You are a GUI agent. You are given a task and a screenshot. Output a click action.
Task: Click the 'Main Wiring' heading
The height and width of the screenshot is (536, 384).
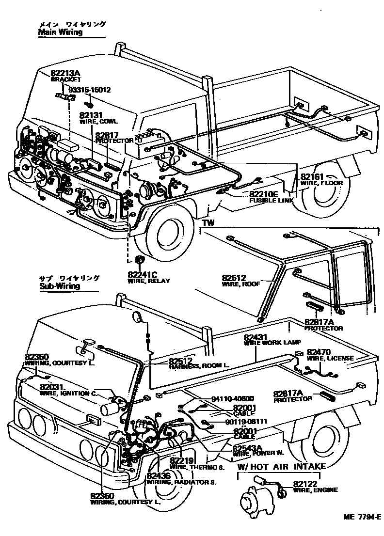pyautogui.click(x=60, y=32)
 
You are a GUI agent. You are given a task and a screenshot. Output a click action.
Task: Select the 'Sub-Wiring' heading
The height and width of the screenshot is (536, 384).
pyautogui.click(x=59, y=286)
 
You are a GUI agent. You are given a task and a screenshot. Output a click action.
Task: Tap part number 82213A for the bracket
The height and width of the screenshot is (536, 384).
pyautogui.click(x=65, y=74)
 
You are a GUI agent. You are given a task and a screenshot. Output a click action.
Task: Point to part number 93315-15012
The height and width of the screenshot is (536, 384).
pyautogui.click(x=89, y=90)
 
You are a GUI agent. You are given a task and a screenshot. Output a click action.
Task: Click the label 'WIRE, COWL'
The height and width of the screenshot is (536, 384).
pyautogui.click(x=99, y=123)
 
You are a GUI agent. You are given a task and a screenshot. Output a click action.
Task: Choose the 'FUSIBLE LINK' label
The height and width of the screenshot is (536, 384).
pyautogui.click(x=271, y=200)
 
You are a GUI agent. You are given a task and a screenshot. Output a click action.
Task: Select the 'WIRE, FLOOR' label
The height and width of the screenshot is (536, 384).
pyautogui.click(x=321, y=183)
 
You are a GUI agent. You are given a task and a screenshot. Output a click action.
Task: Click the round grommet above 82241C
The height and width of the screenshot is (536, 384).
pyautogui.click(x=139, y=259)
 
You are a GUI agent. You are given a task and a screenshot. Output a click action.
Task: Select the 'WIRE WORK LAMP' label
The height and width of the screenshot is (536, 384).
pyautogui.click(x=272, y=342)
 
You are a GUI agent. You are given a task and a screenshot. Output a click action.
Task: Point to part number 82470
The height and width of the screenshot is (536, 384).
pyautogui.click(x=319, y=352)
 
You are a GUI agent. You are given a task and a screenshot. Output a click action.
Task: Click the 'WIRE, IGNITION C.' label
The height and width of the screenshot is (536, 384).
pyautogui.click(x=68, y=394)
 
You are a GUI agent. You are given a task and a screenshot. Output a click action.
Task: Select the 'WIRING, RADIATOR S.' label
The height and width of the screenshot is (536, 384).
pyautogui.click(x=181, y=483)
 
